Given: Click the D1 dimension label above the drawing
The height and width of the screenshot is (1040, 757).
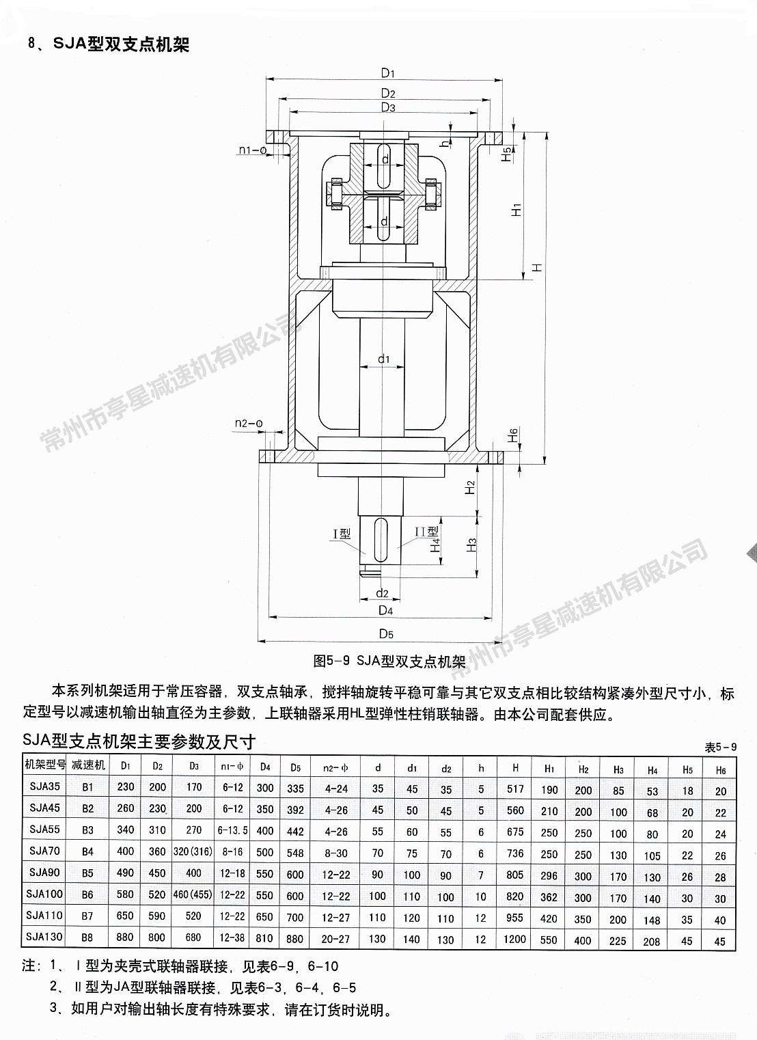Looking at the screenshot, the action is click(387, 73).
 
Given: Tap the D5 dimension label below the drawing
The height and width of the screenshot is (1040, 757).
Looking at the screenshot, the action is click(386, 633).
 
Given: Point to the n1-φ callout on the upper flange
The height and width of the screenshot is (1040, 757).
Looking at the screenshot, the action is click(252, 150).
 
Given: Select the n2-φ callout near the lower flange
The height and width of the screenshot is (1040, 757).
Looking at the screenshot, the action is click(249, 423).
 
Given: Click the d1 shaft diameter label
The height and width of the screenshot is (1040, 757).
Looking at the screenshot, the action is click(384, 359).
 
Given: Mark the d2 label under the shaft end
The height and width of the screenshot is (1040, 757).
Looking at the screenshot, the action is click(382, 593).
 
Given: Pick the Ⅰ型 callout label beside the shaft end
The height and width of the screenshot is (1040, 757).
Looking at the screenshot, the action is click(342, 534).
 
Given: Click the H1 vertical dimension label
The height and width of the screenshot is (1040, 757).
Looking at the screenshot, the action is click(517, 209).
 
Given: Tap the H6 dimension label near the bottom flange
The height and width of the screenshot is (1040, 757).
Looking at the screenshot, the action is click(512, 435).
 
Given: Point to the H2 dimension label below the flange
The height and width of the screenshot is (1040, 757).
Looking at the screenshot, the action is click(470, 487).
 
